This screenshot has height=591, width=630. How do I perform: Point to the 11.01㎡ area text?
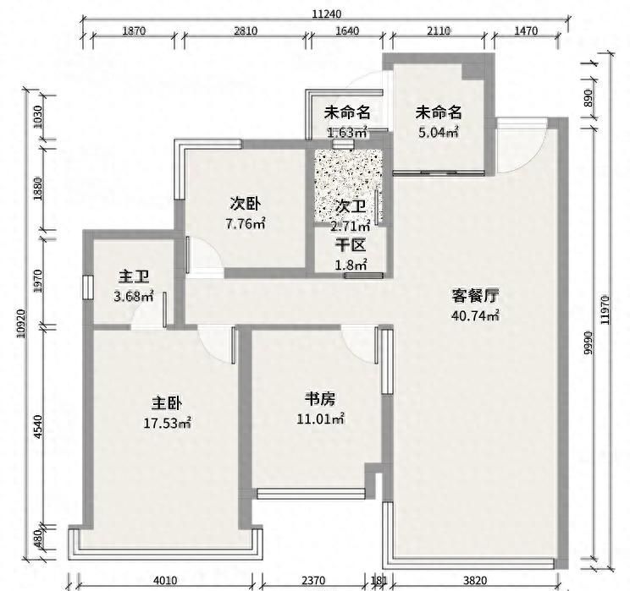tap(324, 419)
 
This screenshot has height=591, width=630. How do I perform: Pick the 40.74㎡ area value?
tap(475, 316)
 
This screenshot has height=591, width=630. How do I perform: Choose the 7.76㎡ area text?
tap(246, 224)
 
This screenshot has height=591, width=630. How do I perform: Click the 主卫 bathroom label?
tap(134, 276)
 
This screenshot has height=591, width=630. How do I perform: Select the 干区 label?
tap(350, 246)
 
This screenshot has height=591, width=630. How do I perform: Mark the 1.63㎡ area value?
tap(347, 132)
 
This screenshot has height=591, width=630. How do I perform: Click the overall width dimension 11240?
tap(326, 14)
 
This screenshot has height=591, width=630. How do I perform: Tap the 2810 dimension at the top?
tap(246, 31)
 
